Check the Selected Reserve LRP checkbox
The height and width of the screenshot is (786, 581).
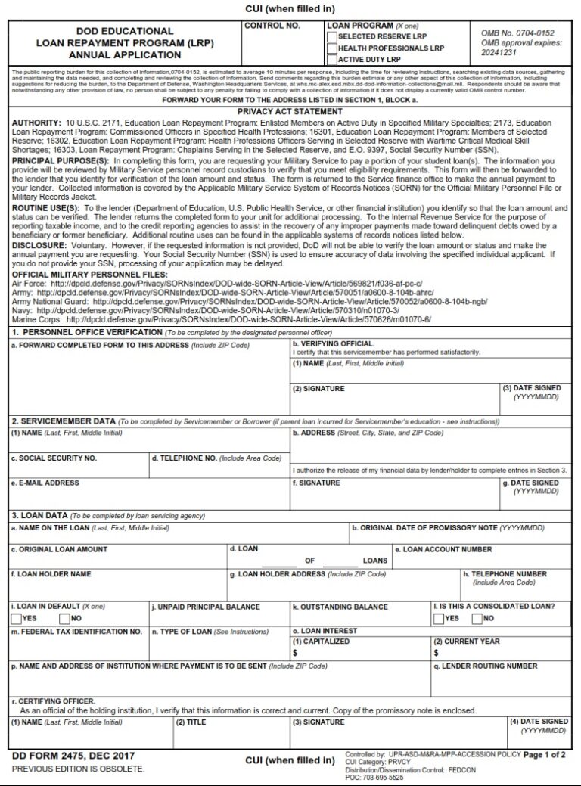(x=331, y=36)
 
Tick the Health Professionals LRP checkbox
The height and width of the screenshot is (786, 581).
(x=331, y=48)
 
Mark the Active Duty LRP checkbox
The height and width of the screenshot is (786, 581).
(x=331, y=59)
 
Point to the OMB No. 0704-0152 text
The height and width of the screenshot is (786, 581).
(x=517, y=34)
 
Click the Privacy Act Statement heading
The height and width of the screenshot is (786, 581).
(x=290, y=111)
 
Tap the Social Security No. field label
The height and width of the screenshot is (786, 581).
(x=53, y=458)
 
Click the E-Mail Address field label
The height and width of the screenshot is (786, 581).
(x=45, y=483)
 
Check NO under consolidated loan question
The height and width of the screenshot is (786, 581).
(x=477, y=619)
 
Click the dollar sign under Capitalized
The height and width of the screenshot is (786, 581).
(x=295, y=653)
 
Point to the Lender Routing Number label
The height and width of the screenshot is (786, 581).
(x=486, y=666)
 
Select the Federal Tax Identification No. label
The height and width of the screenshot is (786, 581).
(x=76, y=630)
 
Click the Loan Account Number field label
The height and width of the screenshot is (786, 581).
(x=443, y=549)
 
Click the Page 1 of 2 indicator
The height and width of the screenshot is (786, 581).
(x=545, y=755)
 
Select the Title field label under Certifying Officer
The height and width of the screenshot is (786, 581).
(x=191, y=722)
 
